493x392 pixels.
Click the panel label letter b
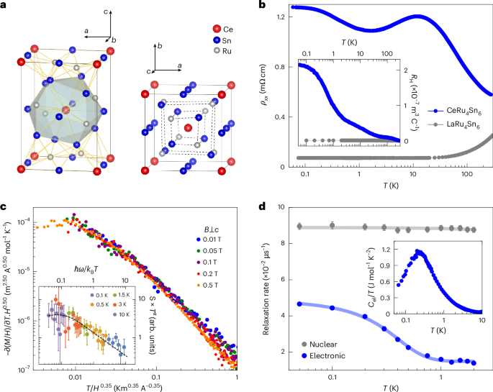263,5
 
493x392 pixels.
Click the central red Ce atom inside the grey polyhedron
66,110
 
